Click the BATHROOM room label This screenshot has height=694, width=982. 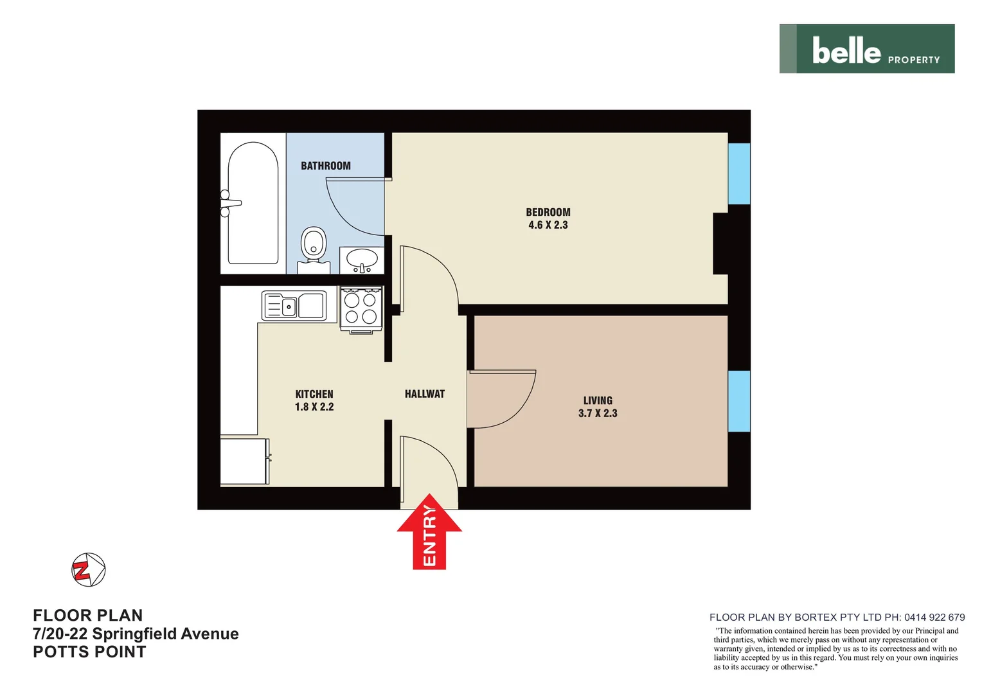326,166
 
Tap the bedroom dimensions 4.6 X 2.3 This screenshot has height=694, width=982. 548,225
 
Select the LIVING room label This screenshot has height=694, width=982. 598,400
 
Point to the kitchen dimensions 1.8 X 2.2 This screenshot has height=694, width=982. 314,407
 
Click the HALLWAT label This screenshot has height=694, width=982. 425,394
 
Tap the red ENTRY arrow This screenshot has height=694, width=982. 429,533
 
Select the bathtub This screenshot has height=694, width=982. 253,204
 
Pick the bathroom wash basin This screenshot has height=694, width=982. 362,260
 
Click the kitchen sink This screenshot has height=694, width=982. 294,306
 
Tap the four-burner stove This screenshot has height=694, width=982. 361,309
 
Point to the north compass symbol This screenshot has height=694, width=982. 88,569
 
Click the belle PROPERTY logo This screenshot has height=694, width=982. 866,49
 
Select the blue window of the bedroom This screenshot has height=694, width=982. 739,173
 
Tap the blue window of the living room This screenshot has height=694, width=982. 739,401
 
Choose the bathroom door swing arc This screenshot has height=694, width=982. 353,209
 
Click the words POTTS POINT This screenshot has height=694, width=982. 89,652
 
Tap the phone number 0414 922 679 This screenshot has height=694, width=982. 934,617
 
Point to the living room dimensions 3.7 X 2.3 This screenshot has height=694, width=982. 598,413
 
